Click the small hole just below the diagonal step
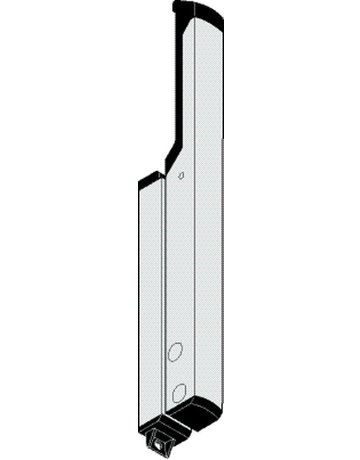[181, 175]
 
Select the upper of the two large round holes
[174, 352]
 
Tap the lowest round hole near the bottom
[178, 390]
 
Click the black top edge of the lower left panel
[147, 180]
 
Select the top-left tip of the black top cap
[175, 5]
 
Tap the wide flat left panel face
[147, 300]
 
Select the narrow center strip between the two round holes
[176, 371]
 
